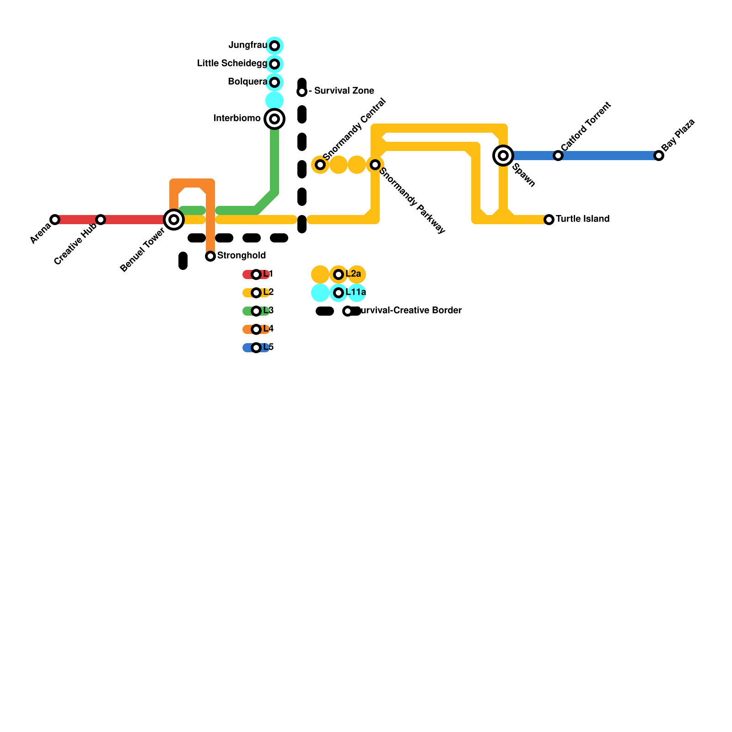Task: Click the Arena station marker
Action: point(55,220)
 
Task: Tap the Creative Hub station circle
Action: point(101,220)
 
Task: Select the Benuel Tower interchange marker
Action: point(174,220)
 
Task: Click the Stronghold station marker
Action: point(210,256)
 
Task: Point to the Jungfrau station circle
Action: point(274,46)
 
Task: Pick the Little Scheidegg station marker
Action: point(274,64)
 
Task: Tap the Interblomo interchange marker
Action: point(274,119)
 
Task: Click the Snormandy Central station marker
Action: point(320,165)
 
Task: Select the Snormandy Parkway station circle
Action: point(375,165)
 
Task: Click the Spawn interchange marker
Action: point(503,156)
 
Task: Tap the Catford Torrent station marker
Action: point(558,156)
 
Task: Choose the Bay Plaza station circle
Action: point(659,156)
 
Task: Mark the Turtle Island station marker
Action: point(549,220)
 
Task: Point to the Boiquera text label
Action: point(247,82)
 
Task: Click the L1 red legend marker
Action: point(256,274)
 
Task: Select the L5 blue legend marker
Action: point(256,348)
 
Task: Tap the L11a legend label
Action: point(355,292)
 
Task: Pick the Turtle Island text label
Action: point(582,219)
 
